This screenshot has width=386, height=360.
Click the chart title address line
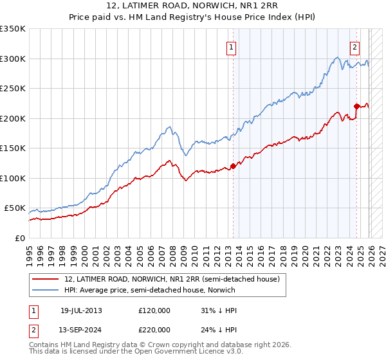(192, 6)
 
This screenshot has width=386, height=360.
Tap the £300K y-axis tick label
(13, 59)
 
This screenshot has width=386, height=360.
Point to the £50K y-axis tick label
(15, 208)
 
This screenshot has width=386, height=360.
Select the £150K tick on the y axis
(13, 148)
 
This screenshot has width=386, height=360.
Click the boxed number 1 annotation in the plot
(231, 46)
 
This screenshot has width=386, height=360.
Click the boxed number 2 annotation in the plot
(354, 46)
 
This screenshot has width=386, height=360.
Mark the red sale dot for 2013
(233, 166)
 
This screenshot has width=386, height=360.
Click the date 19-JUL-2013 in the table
(81, 310)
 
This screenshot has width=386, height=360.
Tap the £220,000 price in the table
(154, 328)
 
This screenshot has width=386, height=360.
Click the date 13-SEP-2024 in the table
(81, 328)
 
